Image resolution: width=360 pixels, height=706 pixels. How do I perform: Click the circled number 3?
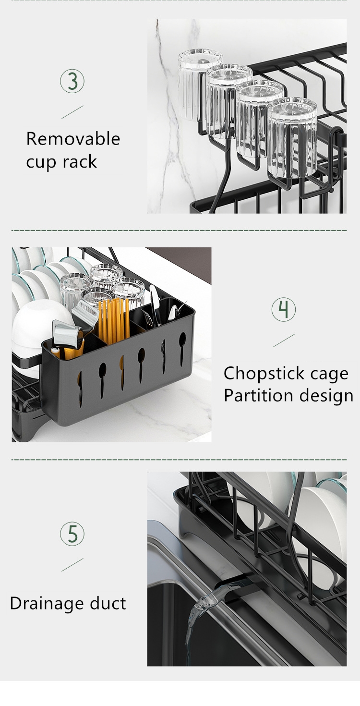pyautogui.click(x=72, y=82)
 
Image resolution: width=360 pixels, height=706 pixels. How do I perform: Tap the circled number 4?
pyautogui.click(x=284, y=309)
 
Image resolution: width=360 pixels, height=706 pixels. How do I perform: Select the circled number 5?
pyautogui.click(x=72, y=534)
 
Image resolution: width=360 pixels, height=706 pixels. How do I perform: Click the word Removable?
pyautogui.click(x=73, y=139)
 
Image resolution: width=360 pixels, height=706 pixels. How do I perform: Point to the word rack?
pyautogui.click(x=80, y=162)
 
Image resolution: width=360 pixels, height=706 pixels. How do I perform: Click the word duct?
pyautogui.click(x=108, y=603)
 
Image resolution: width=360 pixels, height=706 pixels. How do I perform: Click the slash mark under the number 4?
pyautogui.click(x=284, y=341)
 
